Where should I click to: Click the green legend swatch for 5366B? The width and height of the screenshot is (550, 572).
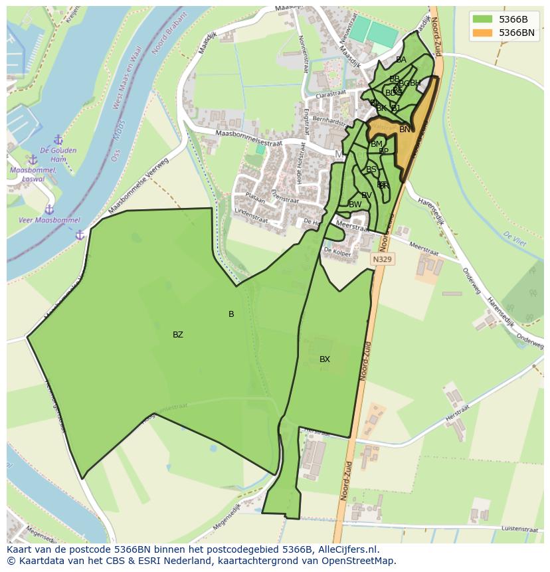pos(483,19)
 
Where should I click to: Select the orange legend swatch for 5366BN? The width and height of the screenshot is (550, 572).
pos(483,33)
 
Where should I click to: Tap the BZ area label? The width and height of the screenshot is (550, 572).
pos(177,335)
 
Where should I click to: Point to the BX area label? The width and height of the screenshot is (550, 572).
pos(324,359)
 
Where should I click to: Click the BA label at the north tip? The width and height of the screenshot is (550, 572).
pos(401,60)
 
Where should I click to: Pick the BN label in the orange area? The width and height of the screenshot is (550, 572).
pos(405,130)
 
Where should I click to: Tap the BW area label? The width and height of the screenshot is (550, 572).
pos(355,205)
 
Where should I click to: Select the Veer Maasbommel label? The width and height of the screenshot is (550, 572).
pos(49,221)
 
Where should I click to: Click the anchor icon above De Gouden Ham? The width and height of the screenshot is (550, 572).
pos(58,140)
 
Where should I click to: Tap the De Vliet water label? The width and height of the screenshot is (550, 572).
pos(514,239)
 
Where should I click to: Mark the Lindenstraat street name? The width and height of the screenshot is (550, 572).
pos(250,212)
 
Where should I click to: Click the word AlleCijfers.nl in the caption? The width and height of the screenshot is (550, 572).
pos(346,550)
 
